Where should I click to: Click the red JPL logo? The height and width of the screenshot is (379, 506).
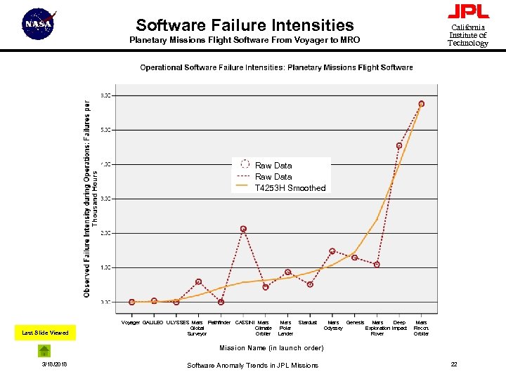pyautogui.click(x=467, y=11)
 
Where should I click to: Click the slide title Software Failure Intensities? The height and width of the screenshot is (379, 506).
pyautogui.click(x=245, y=25)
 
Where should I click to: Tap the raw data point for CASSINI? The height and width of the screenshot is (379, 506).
pyautogui.click(x=243, y=229)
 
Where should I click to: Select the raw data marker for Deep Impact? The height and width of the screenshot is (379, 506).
pyautogui.click(x=399, y=146)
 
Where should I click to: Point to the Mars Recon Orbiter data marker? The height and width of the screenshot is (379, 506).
pyautogui.click(x=422, y=104)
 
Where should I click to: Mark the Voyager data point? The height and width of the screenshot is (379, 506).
pyautogui.click(x=131, y=302)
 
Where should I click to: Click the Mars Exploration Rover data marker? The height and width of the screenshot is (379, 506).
pyautogui.click(x=377, y=265)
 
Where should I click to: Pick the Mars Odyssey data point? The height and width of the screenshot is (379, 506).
pyautogui.click(x=332, y=251)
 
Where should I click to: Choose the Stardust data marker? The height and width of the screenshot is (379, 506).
pyautogui.click(x=310, y=284)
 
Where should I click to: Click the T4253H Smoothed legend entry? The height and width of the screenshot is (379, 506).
pyautogui.click(x=290, y=188)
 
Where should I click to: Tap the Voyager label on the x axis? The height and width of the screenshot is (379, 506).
pyautogui.click(x=131, y=323)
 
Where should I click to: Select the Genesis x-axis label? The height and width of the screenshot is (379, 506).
pyautogui.click(x=355, y=323)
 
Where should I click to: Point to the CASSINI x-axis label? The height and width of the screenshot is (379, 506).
pyautogui.click(x=245, y=323)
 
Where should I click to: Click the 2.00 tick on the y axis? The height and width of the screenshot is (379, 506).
pyautogui.click(x=104, y=233)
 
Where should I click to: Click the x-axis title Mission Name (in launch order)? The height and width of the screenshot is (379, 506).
pyautogui.click(x=272, y=348)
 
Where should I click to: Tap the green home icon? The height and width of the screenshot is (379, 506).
pyautogui.click(x=44, y=351)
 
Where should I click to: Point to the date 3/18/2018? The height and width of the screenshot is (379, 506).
pyautogui.click(x=55, y=364)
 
